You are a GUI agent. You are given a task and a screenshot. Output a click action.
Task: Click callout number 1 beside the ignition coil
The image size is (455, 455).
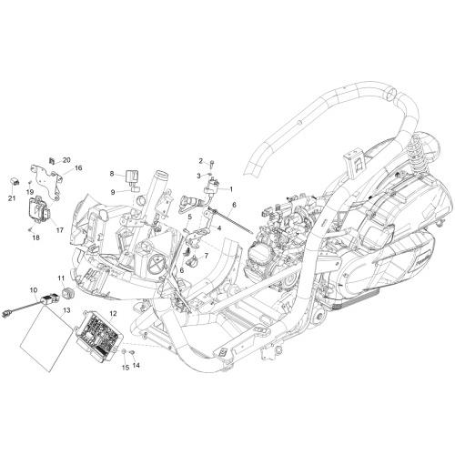click(x=231, y=189)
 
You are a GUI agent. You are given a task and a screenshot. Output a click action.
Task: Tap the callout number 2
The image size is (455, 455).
click(x=200, y=161)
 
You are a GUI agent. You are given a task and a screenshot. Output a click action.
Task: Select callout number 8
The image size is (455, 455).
click(x=112, y=174)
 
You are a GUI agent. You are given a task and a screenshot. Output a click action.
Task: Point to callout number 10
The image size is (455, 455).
click(x=33, y=290)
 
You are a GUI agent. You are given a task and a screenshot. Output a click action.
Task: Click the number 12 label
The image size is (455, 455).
click(x=113, y=313)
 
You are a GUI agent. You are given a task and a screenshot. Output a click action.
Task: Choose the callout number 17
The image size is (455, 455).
click(x=60, y=230)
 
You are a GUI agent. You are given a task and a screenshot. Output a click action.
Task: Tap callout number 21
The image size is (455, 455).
click(x=12, y=198)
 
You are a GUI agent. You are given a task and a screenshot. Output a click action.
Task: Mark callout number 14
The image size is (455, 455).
click(x=136, y=366)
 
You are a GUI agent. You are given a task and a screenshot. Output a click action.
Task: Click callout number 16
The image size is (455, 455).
click(x=78, y=167)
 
